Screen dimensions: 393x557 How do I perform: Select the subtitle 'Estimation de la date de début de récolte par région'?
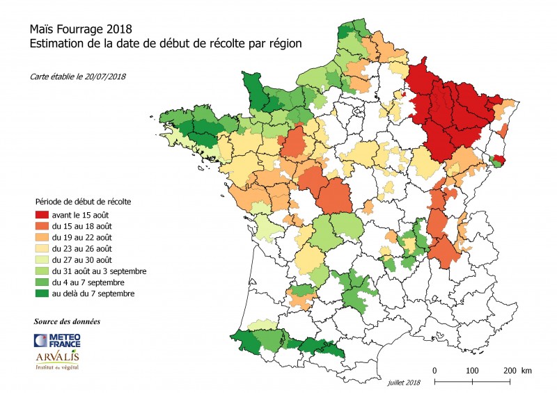click(166, 44)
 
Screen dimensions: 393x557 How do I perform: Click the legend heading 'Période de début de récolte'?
click(84, 201)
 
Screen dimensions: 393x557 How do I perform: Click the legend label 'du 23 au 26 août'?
click(81, 248)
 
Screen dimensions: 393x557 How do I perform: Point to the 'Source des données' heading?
click(67, 322)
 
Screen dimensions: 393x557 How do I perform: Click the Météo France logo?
click(57, 340)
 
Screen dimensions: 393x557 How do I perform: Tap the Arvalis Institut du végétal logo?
click(57, 360)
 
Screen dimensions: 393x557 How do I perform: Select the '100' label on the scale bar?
click(472, 369)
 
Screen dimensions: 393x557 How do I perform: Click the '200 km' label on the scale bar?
click(516, 369)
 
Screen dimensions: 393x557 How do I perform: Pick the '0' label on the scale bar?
click(434, 369)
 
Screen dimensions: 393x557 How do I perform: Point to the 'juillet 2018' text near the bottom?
click(405, 383)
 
